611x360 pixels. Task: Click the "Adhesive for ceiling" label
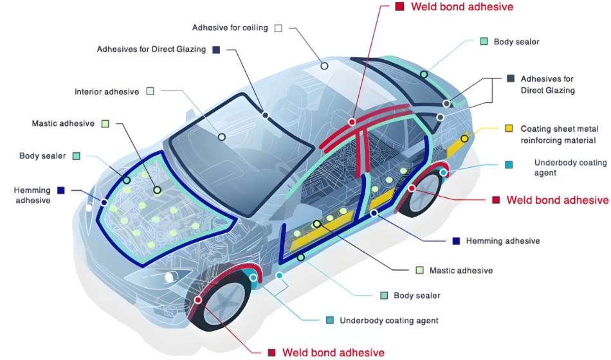[230, 28]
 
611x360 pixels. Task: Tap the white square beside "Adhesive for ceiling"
[278, 28]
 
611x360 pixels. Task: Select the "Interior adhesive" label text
[107, 91]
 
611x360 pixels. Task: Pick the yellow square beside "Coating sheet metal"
[509, 129]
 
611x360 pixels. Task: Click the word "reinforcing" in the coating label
[543, 140]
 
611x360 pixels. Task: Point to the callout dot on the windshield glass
[222, 137]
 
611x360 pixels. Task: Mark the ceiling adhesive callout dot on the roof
[324, 66]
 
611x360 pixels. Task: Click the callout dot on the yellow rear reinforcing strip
[464, 139]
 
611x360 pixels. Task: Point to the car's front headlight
[171, 278]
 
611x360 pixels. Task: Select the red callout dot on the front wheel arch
[198, 300]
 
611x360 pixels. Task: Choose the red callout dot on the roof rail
[352, 122]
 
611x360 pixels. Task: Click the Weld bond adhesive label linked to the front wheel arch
[334, 352]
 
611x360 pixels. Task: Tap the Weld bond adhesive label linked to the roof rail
[462, 6]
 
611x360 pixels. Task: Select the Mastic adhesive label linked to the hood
[63, 123]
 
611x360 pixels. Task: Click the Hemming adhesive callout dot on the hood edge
[104, 203]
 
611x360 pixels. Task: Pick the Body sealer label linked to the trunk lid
[516, 42]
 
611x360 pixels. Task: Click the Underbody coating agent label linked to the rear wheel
[570, 168]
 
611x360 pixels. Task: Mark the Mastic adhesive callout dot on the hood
[157, 190]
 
